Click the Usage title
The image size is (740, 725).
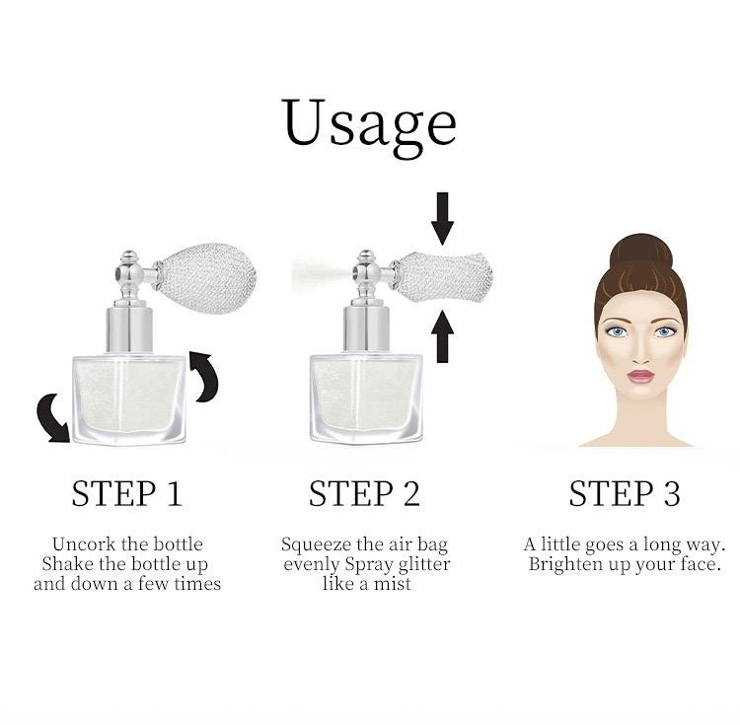(369, 124)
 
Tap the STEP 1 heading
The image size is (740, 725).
(126, 493)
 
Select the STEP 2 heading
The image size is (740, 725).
(364, 493)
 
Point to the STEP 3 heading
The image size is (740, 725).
(624, 493)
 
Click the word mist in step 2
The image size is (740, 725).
(392, 584)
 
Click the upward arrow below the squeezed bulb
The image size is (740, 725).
(443, 334)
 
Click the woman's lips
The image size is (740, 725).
(640, 377)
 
